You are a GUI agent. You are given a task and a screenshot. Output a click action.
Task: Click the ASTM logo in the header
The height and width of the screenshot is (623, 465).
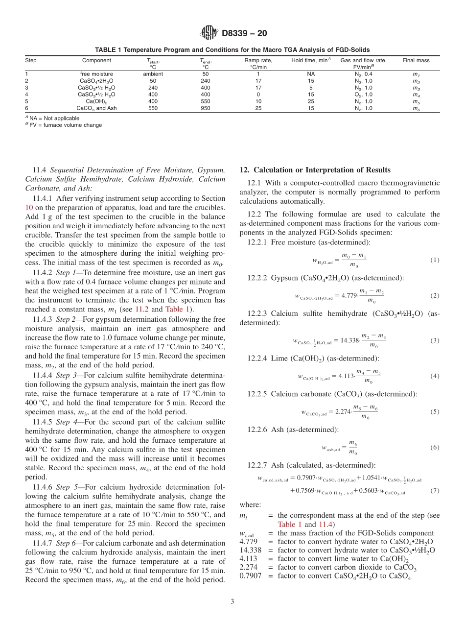(x=209, y=33)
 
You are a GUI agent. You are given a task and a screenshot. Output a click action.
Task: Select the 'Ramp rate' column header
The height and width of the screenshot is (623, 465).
(x=258, y=61)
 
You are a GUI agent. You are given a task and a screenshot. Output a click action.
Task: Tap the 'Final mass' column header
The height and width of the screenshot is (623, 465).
(x=416, y=61)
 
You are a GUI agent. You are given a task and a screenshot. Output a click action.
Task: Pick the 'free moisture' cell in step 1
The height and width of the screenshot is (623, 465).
(x=96, y=74)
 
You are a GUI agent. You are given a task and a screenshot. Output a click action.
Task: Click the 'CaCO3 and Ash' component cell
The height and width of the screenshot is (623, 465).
(x=96, y=108)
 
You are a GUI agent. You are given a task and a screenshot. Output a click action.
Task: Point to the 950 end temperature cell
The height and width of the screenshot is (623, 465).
(x=205, y=108)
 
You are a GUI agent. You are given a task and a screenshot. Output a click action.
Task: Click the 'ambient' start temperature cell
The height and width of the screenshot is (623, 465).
(x=153, y=74)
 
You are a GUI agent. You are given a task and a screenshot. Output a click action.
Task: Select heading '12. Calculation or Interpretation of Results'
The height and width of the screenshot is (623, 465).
(x=315, y=170)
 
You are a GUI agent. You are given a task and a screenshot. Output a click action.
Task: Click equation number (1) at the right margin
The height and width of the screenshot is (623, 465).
(x=435, y=260)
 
